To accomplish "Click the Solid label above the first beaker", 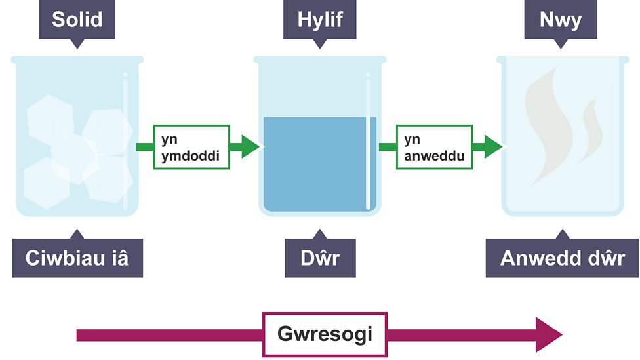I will (x=77, y=20).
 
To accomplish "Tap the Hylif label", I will (x=320, y=20).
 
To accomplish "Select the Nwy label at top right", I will (x=560, y=20).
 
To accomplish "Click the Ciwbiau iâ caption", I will (x=77, y=258).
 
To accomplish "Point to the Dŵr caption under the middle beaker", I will (x=320, y=258).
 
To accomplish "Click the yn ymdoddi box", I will (x=191, y=147).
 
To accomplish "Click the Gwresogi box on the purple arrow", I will (x=325, y=335).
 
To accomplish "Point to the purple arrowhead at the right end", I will (x=548, y=335).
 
